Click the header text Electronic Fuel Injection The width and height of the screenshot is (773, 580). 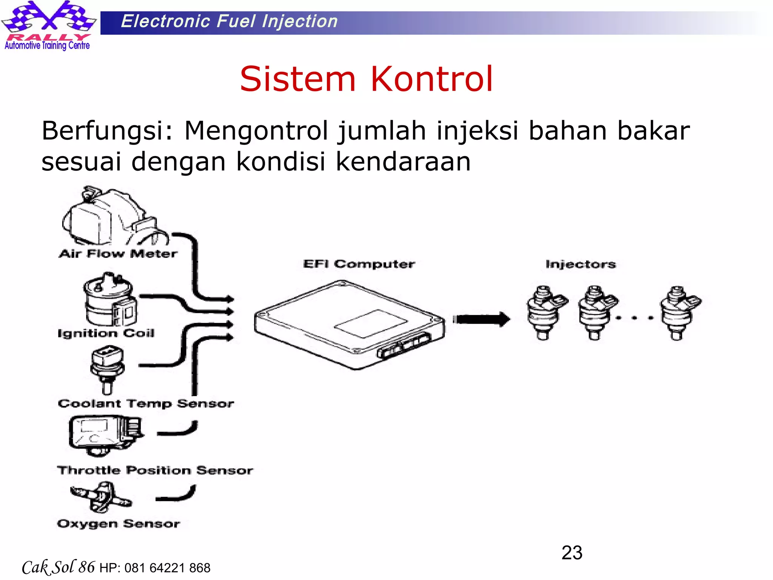click(229, 21)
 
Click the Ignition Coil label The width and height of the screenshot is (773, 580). click(106, 333)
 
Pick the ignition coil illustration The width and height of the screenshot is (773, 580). click(110, 300)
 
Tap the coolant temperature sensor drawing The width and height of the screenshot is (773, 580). click(107, 370)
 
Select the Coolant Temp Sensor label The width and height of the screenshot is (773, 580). click(146, 403)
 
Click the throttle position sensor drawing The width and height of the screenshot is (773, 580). click(105, 435)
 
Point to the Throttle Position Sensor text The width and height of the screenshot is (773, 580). click(155, 470)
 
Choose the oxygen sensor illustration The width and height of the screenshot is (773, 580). click(100, 497)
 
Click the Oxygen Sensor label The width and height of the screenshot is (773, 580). click(119, 524)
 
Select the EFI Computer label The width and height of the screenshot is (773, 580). click(359, 264)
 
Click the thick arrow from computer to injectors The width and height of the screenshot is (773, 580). click(481, 319)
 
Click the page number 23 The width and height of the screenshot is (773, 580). click(572, 553)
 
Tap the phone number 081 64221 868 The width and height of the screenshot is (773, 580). click(167, 568)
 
